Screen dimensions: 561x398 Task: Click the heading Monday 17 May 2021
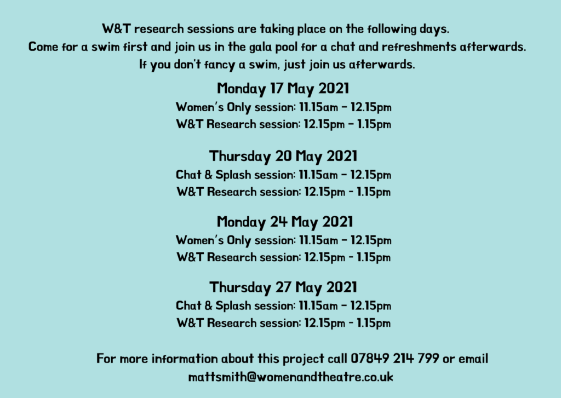283,89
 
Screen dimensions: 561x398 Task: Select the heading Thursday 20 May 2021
283,156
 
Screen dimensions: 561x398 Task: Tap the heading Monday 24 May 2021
285,222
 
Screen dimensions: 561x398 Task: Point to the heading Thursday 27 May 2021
283,287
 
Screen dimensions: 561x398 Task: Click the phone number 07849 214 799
394,358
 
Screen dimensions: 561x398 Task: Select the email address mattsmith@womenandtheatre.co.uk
290,377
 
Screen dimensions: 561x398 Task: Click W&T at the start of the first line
116,28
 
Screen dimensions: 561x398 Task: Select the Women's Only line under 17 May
283,107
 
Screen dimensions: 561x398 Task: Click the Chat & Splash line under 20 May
283,175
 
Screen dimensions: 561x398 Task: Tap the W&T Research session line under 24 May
283,257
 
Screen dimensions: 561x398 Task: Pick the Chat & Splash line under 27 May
283,305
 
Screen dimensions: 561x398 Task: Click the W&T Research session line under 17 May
283,124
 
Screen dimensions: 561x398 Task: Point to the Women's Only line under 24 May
283,240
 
